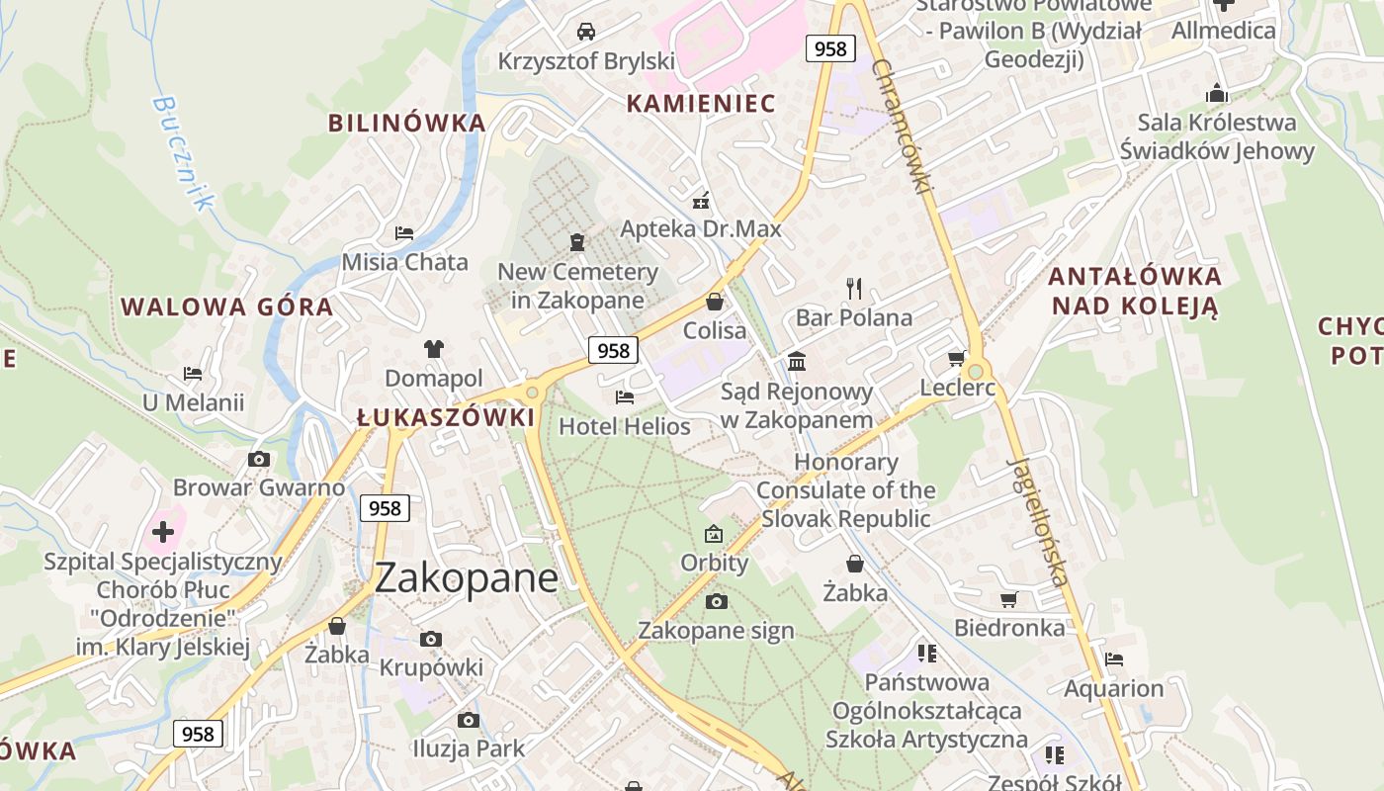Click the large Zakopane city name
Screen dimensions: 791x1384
tap(467, 577)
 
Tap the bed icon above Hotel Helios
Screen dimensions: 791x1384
tap(624, 397)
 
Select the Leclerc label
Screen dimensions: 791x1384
tap(957, 388)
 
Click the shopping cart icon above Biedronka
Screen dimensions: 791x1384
tap(1008, 599)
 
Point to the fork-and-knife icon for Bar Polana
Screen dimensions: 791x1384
tap(854, 289)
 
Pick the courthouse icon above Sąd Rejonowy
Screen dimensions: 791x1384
tap(797, 361)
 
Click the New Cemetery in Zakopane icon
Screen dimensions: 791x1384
tap(577, 242)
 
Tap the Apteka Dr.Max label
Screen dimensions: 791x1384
tap(701, 229)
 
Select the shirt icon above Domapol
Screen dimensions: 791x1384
tap(434, 348)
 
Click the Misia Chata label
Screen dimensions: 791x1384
tap(404, 262)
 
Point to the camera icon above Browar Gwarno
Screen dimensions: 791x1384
tap(259, 459)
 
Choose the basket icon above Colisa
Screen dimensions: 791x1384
tap(715, 302)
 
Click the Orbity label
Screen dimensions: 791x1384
tap(714, 563)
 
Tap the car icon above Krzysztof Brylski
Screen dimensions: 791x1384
tap(586, 32)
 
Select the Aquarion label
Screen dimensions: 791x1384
tap(1113, 688)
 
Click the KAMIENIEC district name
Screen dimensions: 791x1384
tap(701, 103)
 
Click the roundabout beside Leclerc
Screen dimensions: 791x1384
tap(976, 371)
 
